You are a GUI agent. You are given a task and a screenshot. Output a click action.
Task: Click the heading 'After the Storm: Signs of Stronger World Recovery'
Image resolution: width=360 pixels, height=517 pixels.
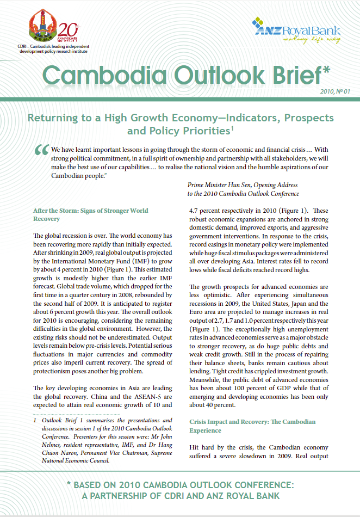tap(90, 214)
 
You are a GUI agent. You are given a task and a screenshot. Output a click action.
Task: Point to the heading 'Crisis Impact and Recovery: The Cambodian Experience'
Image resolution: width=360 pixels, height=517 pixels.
tap(252, 426)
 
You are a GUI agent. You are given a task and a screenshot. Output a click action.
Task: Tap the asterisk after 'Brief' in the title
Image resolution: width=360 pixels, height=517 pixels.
tap(326, 71)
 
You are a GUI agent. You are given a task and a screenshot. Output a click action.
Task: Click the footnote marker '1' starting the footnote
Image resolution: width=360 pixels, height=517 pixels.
tap(35, 421)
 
